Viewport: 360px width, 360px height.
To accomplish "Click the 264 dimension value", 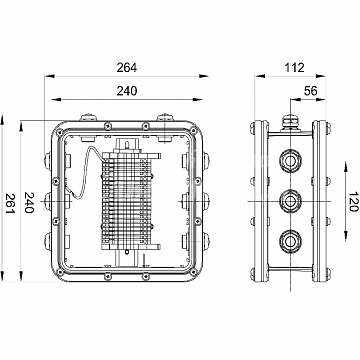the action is (x=127, y=68).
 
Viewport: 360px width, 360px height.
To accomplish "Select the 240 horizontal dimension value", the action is (x=127, y=91).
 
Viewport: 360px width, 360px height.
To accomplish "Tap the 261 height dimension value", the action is (x=11, y=203).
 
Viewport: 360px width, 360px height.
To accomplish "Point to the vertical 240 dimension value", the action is (x=29, y=202).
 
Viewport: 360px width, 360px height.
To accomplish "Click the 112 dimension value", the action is (x=295, y=68).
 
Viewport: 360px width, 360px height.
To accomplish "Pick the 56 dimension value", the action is (x=311, y=91).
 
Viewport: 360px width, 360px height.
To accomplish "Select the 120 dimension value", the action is (x=353, y=202).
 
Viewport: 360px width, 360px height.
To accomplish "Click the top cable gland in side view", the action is (x=290, y=161).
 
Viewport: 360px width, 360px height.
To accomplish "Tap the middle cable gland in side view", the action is (x=290, y=201).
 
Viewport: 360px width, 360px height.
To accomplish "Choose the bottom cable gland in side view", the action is (x=290, y=241).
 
